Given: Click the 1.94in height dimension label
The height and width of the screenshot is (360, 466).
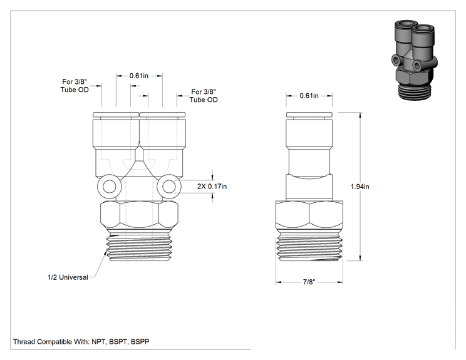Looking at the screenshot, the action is (360, 187).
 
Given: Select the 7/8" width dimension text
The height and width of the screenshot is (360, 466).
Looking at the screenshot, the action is (309, 282).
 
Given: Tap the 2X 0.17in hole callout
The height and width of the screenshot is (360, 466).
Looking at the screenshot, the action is (212, 186).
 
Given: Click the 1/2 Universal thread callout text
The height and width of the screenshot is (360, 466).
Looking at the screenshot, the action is (68, 277).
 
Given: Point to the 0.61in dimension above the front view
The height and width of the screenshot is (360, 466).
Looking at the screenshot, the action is (139, 76).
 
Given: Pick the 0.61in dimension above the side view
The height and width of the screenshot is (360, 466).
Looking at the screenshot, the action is (309, 96).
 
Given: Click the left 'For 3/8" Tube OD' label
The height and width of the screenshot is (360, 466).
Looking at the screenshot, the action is (75, 86).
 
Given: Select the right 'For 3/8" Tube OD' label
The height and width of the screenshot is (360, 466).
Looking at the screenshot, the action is (204, 96).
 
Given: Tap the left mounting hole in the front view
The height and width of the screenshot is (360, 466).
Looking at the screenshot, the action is (110, 187).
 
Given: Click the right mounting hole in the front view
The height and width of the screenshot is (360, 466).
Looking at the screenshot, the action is (169, 187).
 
